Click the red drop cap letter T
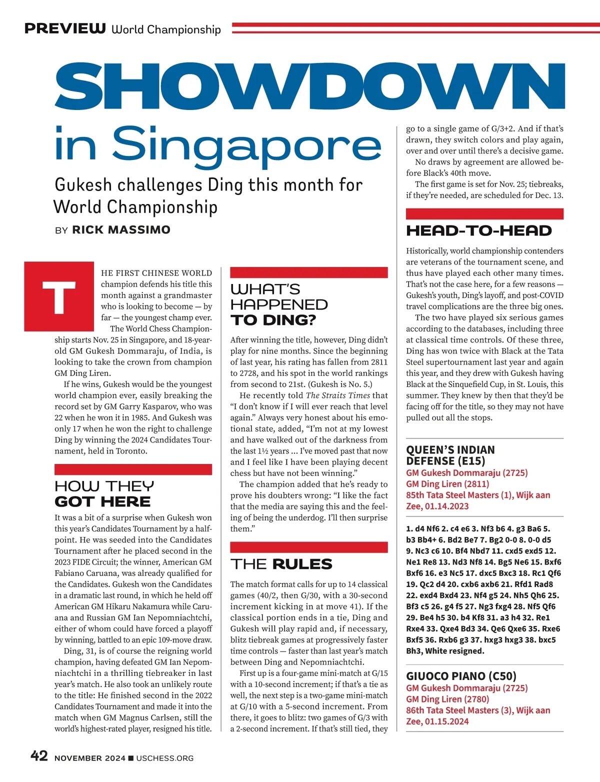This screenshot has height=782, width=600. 59,296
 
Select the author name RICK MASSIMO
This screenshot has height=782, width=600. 121,230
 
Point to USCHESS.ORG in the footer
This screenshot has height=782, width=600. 164,758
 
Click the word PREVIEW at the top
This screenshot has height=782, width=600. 65,28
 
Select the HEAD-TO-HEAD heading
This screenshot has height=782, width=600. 479,230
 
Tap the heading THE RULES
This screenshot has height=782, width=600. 281,564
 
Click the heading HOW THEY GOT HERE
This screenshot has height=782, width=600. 104,493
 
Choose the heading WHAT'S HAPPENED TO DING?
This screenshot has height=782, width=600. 279,304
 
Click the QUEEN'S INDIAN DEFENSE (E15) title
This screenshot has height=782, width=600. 450,455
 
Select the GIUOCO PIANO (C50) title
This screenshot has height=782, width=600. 461,676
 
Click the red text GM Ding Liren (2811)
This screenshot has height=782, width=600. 447,483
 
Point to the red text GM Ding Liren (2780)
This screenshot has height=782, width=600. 447,699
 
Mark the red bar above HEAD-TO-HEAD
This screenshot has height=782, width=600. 484,214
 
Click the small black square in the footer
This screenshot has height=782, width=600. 131,758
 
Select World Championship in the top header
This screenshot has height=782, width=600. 166,29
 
